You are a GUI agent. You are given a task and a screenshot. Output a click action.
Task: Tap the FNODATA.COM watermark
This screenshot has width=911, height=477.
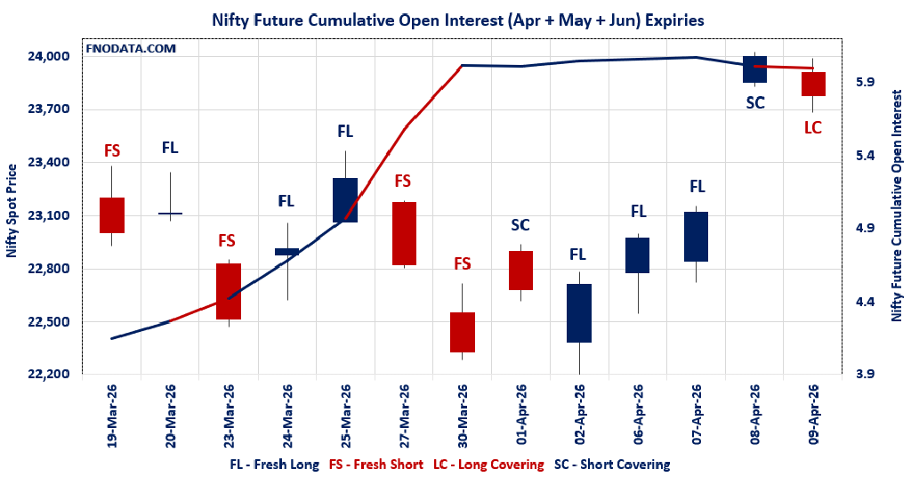131,48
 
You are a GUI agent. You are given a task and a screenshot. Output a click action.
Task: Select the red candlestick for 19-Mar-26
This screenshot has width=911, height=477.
112,214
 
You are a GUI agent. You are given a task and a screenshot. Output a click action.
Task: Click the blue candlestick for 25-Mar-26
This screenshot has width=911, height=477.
345,199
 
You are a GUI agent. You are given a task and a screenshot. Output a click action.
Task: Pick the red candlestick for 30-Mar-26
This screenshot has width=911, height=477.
462,332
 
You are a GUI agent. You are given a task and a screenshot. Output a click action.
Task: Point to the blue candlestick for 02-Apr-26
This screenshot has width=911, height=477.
579,313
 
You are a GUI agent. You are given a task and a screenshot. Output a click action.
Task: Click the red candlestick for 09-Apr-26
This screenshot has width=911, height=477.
813,84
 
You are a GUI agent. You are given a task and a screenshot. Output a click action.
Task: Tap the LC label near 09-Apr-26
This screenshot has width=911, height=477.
813,127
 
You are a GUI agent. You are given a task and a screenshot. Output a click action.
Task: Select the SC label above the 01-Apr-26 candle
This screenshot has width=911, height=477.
520,225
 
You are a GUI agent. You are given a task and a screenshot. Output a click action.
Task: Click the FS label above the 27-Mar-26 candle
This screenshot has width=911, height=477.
403,181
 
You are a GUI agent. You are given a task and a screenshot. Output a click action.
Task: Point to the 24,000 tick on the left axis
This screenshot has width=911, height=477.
50,56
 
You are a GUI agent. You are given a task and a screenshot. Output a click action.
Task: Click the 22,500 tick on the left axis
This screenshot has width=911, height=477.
50,321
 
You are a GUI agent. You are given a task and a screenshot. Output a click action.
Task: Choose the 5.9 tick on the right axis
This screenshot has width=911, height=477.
864,82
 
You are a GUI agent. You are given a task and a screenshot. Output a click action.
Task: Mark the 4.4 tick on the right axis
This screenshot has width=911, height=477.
864,302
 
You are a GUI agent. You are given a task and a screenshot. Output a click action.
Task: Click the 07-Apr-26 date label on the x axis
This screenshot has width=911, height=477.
697,414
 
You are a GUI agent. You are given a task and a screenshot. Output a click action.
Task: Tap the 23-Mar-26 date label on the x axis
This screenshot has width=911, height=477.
229,414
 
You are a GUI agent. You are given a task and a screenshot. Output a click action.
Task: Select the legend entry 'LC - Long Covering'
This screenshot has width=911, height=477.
488,465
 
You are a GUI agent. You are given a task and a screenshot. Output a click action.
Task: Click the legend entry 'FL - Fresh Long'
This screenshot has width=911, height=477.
275,465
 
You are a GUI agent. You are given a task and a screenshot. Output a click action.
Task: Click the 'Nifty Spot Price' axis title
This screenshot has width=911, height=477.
12,211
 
